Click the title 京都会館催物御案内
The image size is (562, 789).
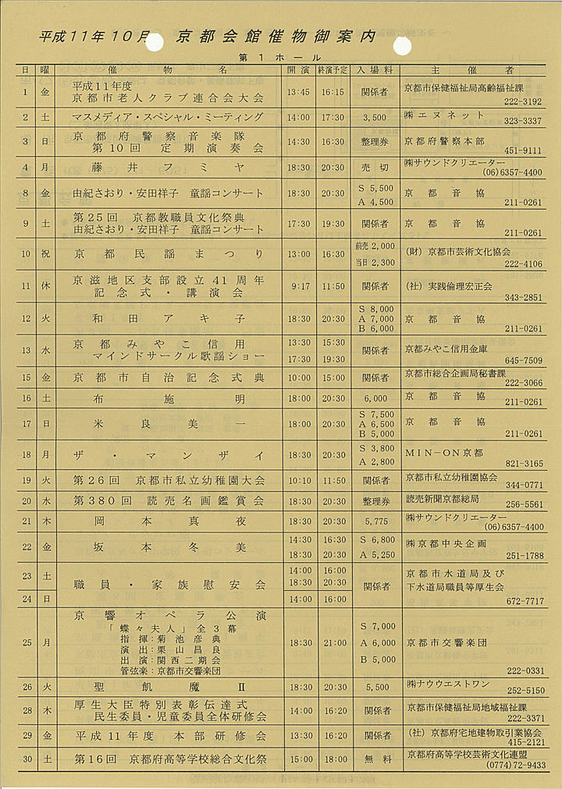pyautogui.click(x=276, y=36)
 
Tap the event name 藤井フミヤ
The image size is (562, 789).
pyautogui.click(x=169, y=167)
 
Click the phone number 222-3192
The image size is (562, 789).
pyautogui.click(x=522, y=101)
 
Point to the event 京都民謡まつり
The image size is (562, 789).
pyautogui.click(x=169, y=254)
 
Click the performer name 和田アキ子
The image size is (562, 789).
pyautogui.click(x=169, y=319)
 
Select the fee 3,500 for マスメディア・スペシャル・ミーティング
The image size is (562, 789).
pyautogui.click(x=375, y=118)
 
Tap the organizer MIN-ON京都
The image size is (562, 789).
pyautogui.click(x=444, y=453)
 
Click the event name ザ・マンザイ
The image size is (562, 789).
pyautogui.click(x=169, y=455)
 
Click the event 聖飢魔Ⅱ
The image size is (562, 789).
pyautogui.click(x=169, y=687)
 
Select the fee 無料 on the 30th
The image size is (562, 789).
pyautogui.click(x=375, y=759)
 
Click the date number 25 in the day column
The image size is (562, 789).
pyautogui.click(x=27, y=643)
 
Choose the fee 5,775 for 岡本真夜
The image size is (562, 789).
pyautogui.click(x=375, y=521)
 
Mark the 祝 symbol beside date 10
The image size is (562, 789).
pyautogui.click(x=45, y=254)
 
